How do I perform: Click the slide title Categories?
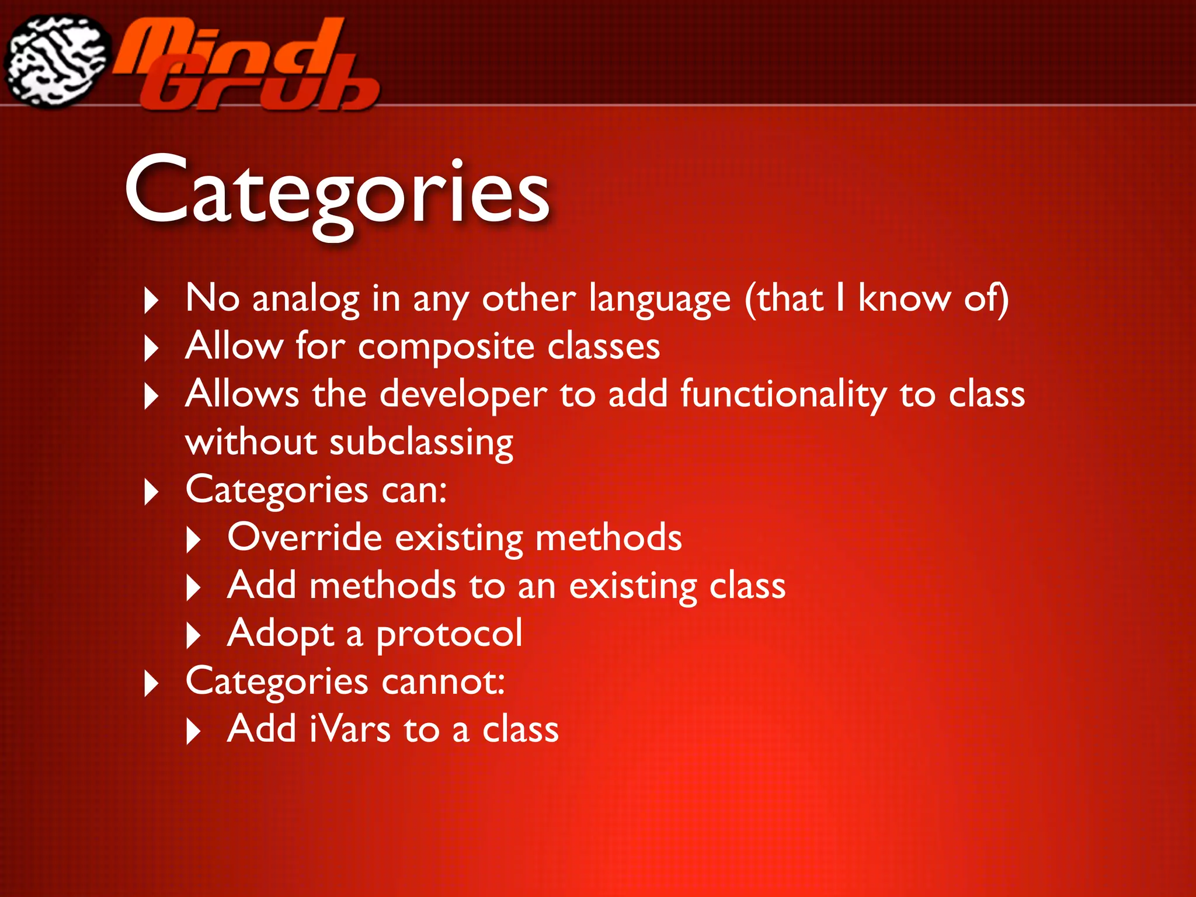tap(337, 193)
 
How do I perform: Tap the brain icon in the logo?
tap(57, 61)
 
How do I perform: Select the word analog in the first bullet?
tap(305, 299)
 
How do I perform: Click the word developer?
tap(463, 395)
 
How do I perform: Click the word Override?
tap(304, 538)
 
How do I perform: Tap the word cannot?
tap(443, 682)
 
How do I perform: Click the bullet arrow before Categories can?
tap(151, 492)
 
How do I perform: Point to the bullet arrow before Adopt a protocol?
tap(193, 635)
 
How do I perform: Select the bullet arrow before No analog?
tap(151, 301)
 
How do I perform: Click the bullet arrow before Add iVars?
tap(193, 731)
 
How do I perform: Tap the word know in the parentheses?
tap(904, 299)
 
